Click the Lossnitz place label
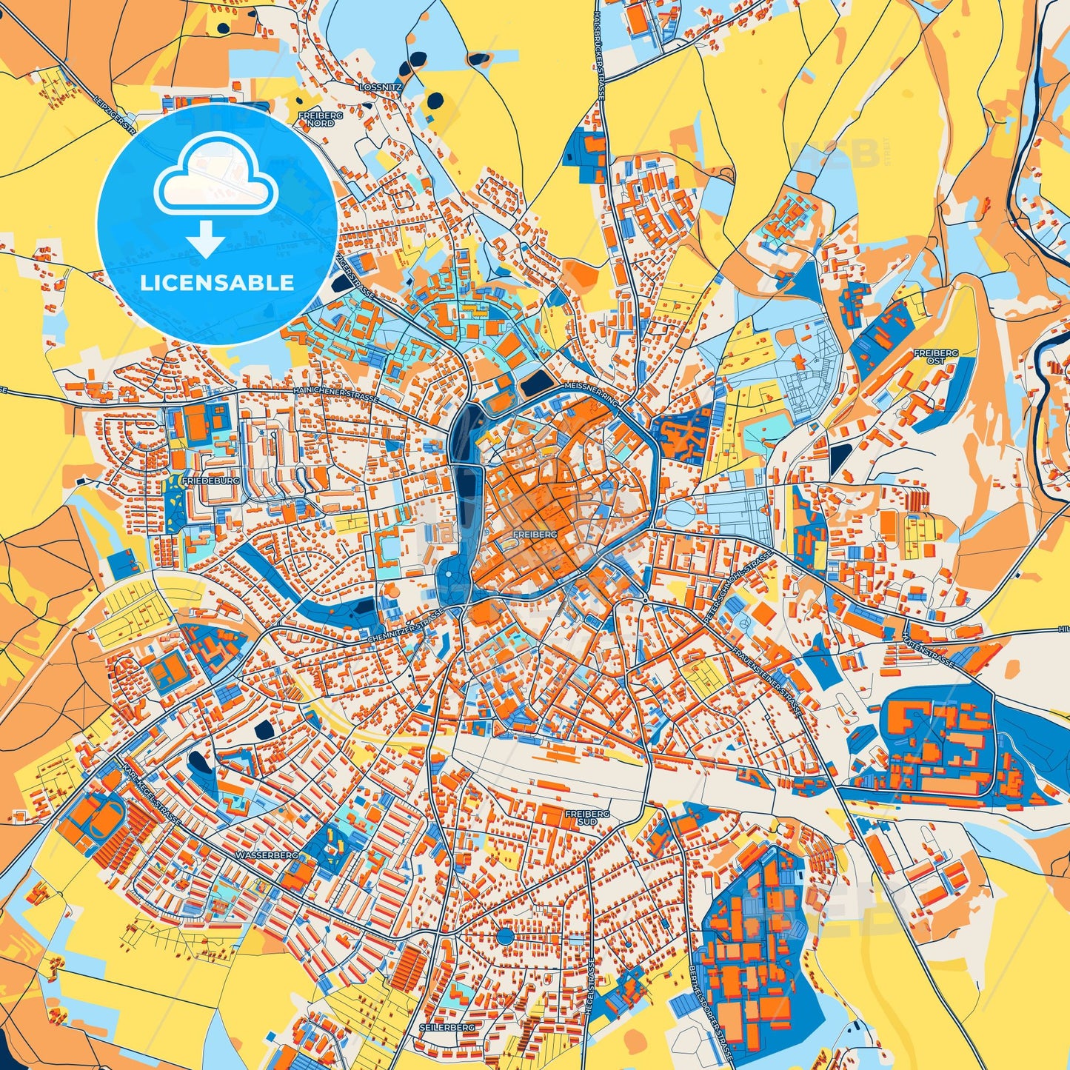[380, 87]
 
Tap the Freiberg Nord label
[316, 119]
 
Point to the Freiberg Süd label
[587, 817]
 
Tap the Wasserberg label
[267, 855]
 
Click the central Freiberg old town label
[531, 533]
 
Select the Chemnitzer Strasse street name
[404, 626]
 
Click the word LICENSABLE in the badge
[218, 282]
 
